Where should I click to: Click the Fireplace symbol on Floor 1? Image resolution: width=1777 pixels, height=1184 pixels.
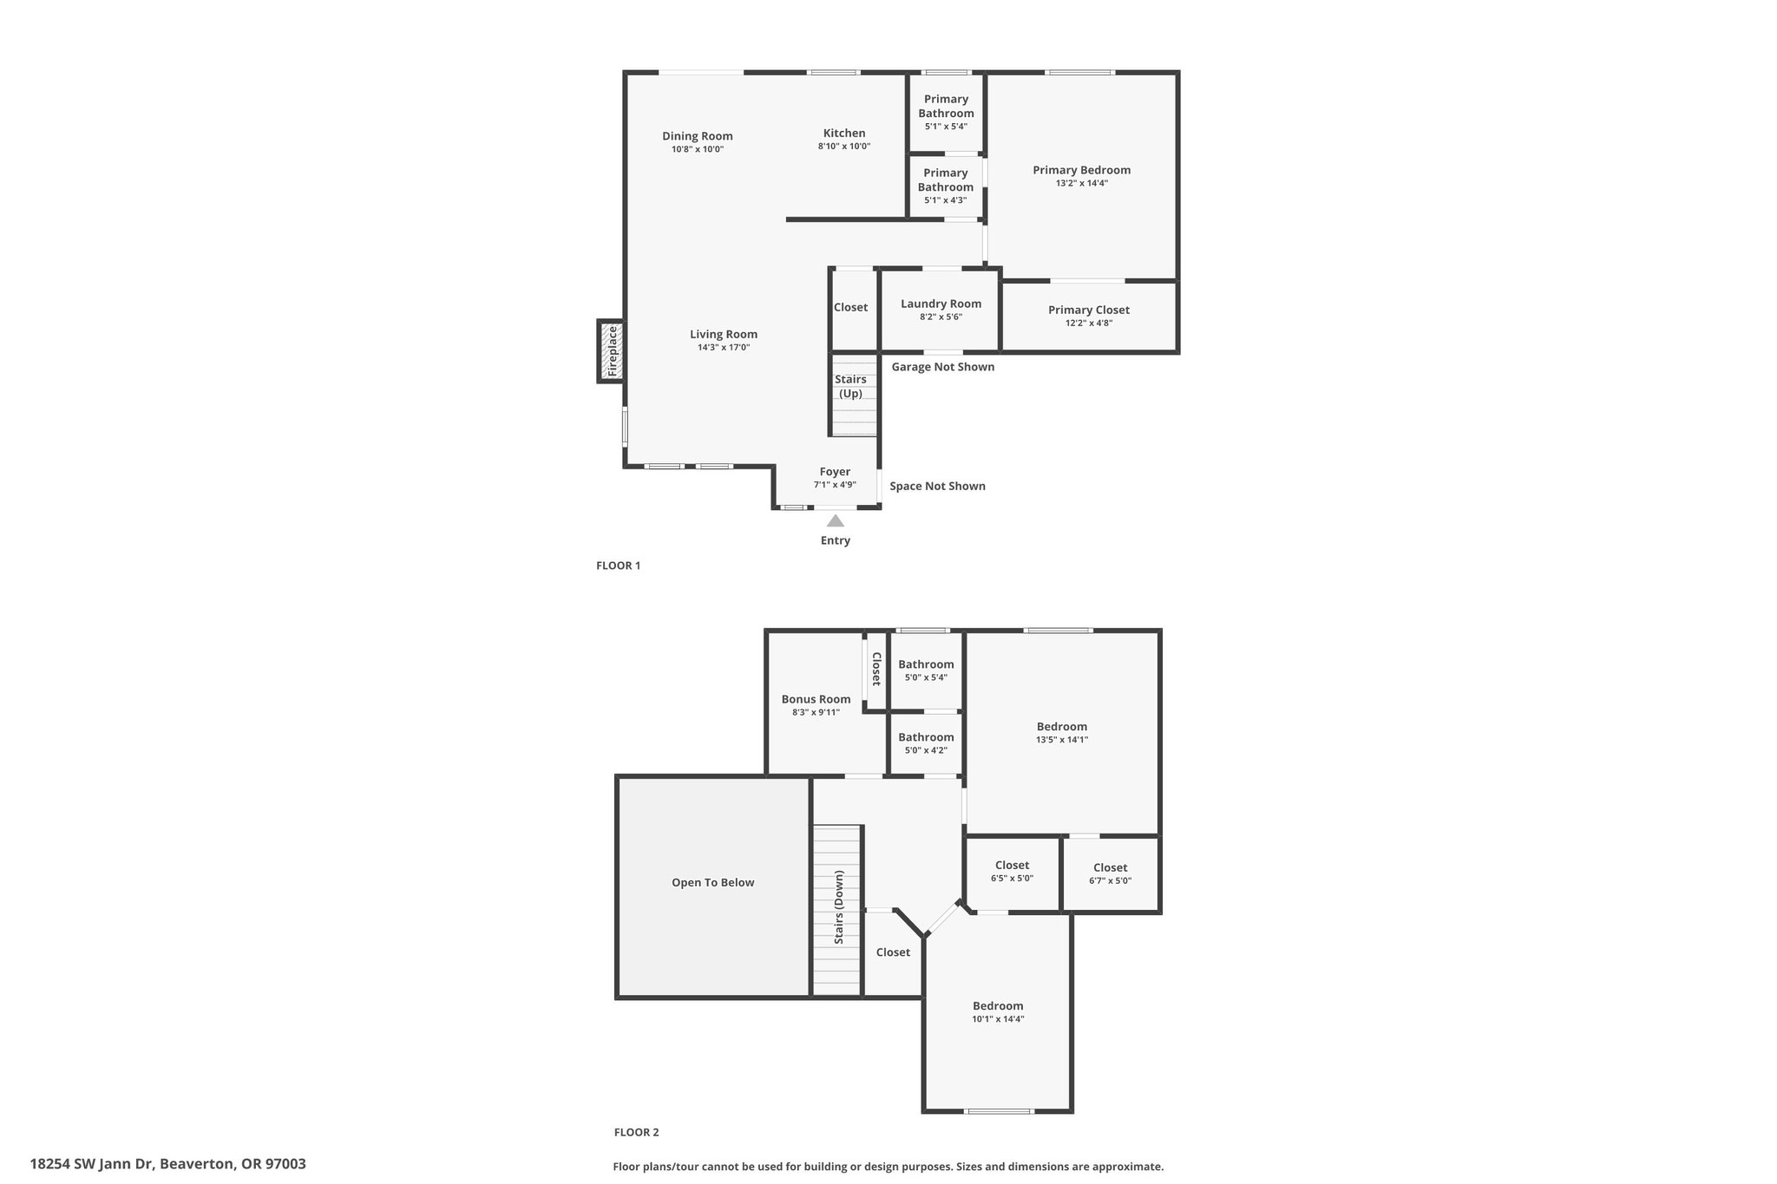pyautogui.click(x=611, y=350)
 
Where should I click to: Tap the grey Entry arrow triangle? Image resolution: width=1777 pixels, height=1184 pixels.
pyautogui.click(x=836, y=520)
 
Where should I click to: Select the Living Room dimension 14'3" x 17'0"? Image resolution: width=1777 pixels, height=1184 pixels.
pyautogui.click(x=724, y=348)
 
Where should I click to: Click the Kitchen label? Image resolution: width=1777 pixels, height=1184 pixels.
pyautogui.click(x=844, y=133)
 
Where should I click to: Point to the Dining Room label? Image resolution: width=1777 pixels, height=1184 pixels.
pyautogui.click(x=698, y=135)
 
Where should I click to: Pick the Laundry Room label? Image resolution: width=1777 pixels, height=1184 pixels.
pyautogui.click(x=941, y=304)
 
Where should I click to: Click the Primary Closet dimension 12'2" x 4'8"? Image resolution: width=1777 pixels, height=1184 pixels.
pyautogui.click(x=1089, y=324)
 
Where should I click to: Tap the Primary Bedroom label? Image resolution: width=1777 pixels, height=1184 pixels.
pyautogui.click(x=1082, y=170)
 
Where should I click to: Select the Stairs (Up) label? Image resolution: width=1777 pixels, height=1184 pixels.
pyautogui.click(x=851, y=386)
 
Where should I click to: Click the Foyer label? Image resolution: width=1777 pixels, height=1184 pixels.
pyautogui.click(x=835, y=472)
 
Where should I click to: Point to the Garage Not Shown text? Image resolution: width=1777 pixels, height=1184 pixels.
pyautogui.click(x=943, y=367)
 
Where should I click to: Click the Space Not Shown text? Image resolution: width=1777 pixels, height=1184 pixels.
pyautogui.click(x=938, y=486)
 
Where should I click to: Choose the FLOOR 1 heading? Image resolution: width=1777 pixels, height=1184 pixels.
pyautogui.click(x=619, y=566)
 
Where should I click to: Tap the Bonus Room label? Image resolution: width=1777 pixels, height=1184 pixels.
pyautogui.click(x=816, y=699)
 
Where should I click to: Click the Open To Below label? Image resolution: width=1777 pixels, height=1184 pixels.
pyautogui.click(x=713, y=882)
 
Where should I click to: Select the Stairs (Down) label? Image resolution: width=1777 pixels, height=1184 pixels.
pyautogui.click(x=839, y=907)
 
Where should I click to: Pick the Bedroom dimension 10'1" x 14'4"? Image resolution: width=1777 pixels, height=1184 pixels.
pyautogui.click(x=999, y=1019)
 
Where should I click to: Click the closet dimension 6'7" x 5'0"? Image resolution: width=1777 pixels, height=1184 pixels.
pyautogui.click(x=1111, y=880)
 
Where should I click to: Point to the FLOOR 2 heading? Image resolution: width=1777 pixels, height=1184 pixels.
pyautogui.click(x=637, y=1132)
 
